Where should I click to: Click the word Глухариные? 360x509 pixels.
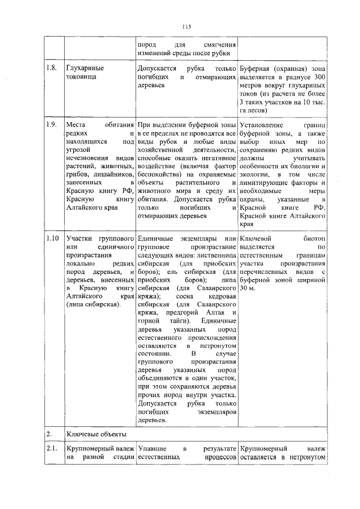click(x=85, y=67)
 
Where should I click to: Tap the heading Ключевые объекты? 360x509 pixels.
click(x=96, y=434)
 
